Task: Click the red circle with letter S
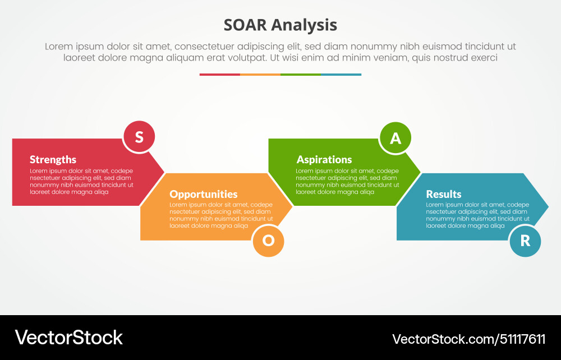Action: [139, 137]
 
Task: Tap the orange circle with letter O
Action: [268, 241]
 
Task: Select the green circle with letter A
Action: [396, 138]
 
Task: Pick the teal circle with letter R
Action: [525, 241]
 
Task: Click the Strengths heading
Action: [53, 160]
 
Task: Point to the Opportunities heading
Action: [204, 195]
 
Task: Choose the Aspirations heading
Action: [324, 160]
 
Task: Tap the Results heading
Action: [444, 195]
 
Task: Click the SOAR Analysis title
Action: [280, 25]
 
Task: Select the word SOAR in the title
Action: [245, 25]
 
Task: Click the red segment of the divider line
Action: [219, 74]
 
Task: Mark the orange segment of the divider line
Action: [260, 74]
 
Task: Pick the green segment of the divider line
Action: [300, 74]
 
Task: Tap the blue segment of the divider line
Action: [341, 74]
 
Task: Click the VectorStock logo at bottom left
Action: [69, 338]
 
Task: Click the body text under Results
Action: [477, 215]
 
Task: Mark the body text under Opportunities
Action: [221, 215]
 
